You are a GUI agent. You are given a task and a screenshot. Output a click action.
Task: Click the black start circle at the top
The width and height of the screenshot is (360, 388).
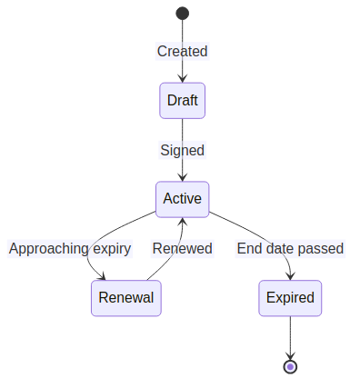pos(182,13)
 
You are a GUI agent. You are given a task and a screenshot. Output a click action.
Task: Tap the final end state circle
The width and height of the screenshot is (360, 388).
pos(290,366)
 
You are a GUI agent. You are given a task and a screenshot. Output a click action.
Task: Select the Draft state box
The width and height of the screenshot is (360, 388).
pos(182,100)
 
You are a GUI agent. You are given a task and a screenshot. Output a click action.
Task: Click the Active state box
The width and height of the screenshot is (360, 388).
pos(182,199)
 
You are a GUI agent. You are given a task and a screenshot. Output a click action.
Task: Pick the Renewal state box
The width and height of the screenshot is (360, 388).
pos(125,297)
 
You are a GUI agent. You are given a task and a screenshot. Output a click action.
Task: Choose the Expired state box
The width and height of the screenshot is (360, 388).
pos(290,297)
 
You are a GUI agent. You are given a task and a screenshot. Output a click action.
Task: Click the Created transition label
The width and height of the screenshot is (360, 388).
pos(182,51)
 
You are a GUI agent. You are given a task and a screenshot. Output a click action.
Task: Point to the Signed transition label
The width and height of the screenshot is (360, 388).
pos(182,150)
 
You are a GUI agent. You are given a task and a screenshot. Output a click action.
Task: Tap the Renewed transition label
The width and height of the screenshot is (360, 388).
pos(182,248)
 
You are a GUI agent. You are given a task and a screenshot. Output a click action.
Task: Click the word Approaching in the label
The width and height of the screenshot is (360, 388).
pos(49,248)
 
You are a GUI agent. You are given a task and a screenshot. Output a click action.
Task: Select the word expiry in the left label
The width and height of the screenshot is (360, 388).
pos(112,248)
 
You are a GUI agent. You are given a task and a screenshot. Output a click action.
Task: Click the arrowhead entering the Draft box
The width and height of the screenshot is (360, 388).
pos(182,79)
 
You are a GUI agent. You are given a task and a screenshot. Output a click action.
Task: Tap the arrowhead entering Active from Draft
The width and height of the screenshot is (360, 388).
pos(182,177)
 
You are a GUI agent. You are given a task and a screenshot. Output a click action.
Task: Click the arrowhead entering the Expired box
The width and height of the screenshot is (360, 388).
pos(290,276)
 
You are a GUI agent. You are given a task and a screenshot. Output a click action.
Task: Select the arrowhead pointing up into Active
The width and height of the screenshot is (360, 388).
pos(182,222)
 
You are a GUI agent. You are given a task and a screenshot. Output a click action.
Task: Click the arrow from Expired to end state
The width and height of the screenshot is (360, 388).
pos(290,336)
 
